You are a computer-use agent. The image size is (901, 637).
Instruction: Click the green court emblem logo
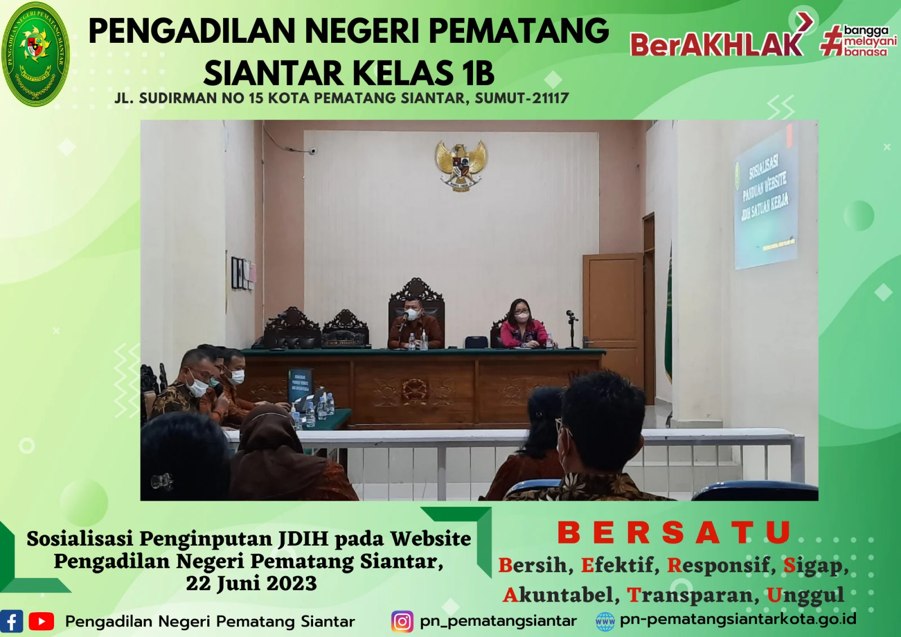[35, 54]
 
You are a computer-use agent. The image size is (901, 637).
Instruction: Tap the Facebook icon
[11, 621]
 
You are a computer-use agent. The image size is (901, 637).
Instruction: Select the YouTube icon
[41, 621]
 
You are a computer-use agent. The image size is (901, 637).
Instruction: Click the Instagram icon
[402, 621]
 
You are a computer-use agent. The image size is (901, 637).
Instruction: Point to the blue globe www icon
[605, 622]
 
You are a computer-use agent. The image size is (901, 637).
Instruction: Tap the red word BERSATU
[674, 533]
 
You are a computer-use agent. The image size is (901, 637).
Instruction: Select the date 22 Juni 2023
[251, 583]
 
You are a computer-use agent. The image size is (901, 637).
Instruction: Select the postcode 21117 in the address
[550, 99]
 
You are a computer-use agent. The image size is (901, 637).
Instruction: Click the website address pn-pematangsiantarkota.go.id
[738, 620]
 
